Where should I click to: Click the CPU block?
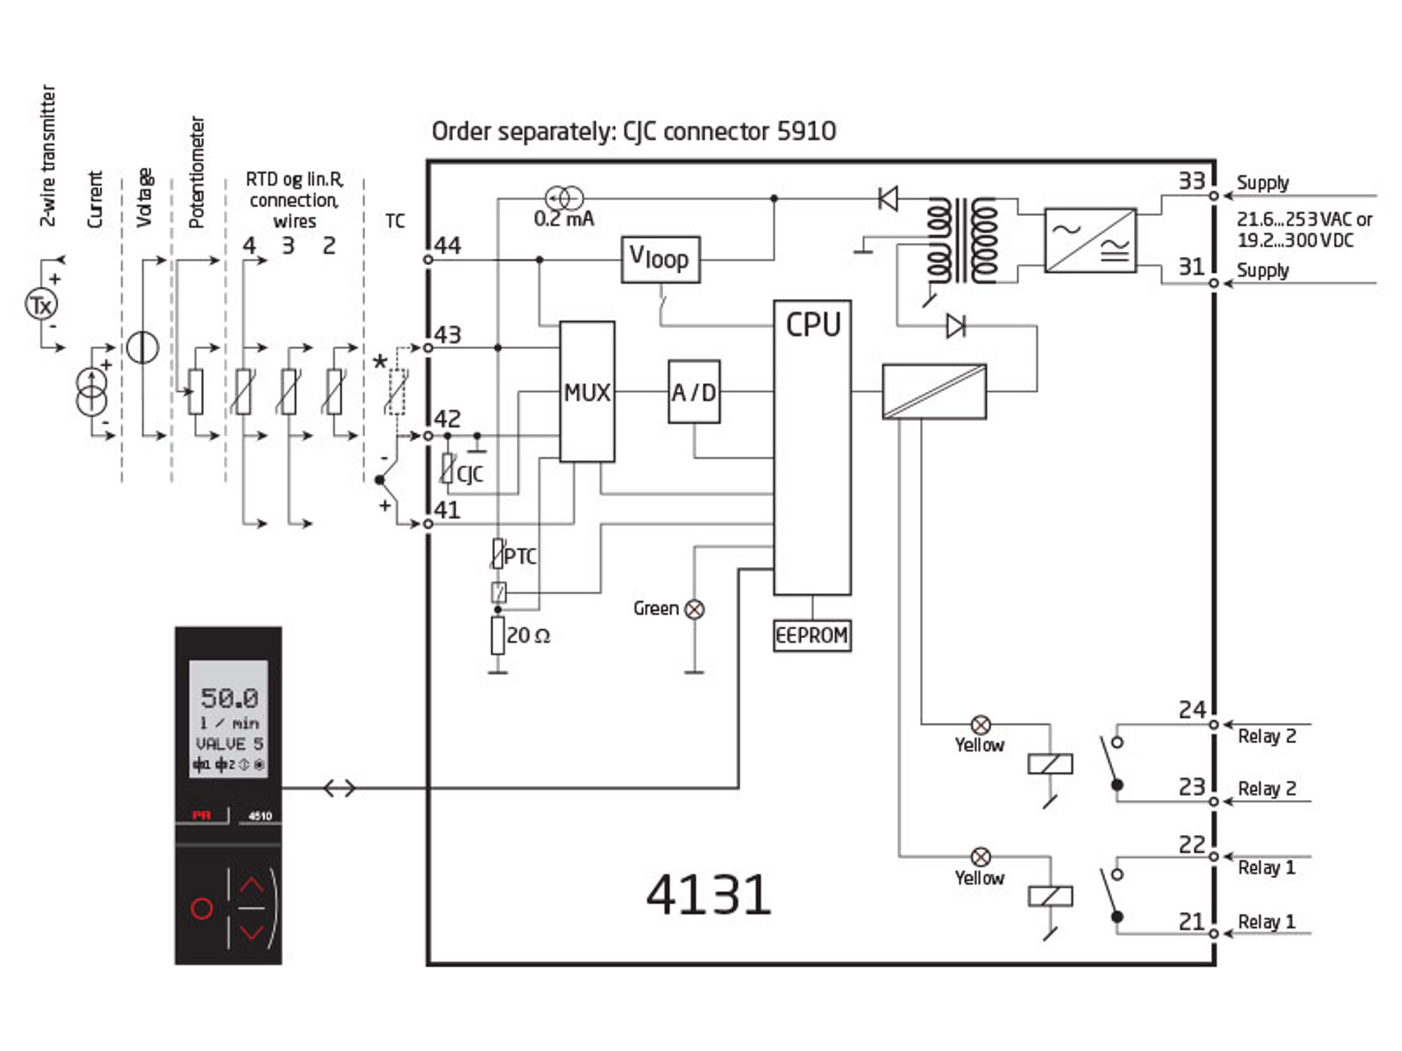coord(812,447)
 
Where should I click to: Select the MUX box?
coord(586,392)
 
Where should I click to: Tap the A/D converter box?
coord(694,392)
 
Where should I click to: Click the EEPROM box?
coord(812,635)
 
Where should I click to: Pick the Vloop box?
coord(660,259)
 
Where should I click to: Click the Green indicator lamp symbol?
coord(694,609)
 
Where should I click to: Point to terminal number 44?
coord(448,245)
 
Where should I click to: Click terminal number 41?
coord(448,510)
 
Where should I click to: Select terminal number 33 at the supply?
coord(1192,180)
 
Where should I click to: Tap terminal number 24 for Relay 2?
coord(1192,709)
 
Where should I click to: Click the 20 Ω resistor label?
coord(528,635)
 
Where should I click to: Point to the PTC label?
coord(520,556)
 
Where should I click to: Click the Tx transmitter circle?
coord(42,305)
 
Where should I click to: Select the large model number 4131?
coord(708,895)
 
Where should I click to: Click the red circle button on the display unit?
coord(202,908)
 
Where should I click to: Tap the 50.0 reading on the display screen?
coord(229,698)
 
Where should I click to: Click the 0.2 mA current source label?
coord(564,219)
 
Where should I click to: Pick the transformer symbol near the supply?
coord(962,240)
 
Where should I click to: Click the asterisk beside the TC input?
coord(380,361)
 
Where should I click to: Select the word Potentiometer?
coord(196,172)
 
